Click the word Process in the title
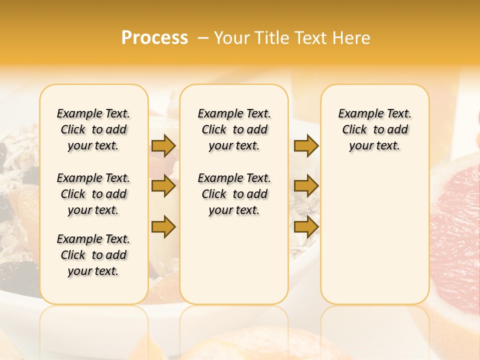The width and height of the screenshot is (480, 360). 154,38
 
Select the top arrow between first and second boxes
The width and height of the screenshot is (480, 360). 163,145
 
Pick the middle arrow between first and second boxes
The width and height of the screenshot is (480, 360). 163,186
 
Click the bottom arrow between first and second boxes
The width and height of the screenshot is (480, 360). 163,227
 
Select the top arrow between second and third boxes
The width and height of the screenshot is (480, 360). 306,145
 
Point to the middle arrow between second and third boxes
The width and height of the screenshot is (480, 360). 306,186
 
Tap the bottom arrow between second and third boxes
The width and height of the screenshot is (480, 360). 306,227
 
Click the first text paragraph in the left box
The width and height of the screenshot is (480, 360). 93,129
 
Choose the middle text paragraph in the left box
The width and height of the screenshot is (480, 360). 93,194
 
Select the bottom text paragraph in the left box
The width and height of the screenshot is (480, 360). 93,255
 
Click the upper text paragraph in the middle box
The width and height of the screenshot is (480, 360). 234,129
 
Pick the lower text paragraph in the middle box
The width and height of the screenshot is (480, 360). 234,194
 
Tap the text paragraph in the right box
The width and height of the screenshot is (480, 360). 374,129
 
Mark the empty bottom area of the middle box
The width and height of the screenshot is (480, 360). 234,265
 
